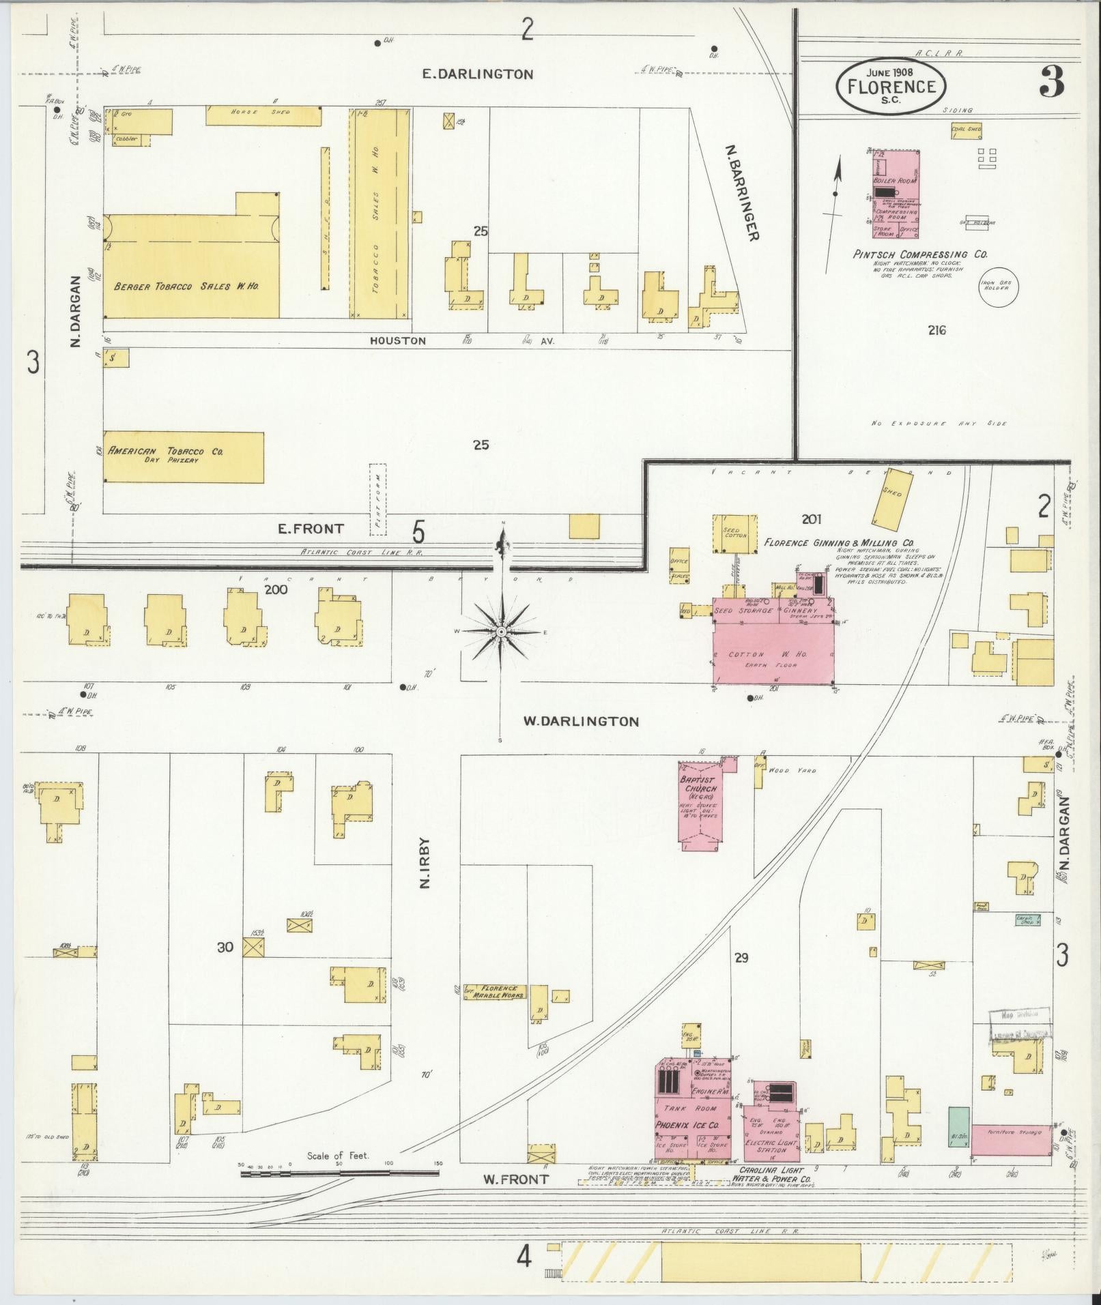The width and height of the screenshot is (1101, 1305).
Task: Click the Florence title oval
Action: click(x=891, y=86)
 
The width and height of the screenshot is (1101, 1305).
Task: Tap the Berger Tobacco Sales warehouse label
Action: click(x=186, y=286)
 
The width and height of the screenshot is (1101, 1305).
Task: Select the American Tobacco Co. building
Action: click(x=183, y=456)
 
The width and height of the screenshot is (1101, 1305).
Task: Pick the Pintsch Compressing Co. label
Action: click(x=919, y=254)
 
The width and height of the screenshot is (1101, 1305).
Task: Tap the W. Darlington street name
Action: click(x=581, y=721)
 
